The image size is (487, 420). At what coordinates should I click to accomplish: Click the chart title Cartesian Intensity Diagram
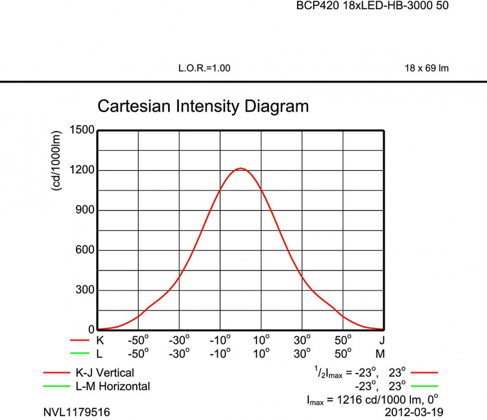click(x=203, y=106)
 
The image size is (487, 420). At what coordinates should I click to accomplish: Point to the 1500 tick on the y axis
click(x=82, y=130)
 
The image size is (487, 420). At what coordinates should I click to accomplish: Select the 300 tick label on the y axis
click(x=84, y=290)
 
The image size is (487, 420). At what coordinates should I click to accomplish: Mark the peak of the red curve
click(x=240, y=168)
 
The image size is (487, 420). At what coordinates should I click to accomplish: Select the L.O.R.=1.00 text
click(x=204, y=68)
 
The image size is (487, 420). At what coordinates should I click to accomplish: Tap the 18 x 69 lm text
click(x=426, y=68)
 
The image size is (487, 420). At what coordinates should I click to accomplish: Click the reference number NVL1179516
click(x=77, y=412)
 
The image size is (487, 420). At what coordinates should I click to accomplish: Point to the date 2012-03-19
click(x=414, y=412)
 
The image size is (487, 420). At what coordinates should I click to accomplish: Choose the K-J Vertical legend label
click(x=105, y=373)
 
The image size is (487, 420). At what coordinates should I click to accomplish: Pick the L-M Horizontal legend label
click(x=113, y=386)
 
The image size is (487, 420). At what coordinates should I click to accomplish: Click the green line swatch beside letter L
click(x=79, y=353)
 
